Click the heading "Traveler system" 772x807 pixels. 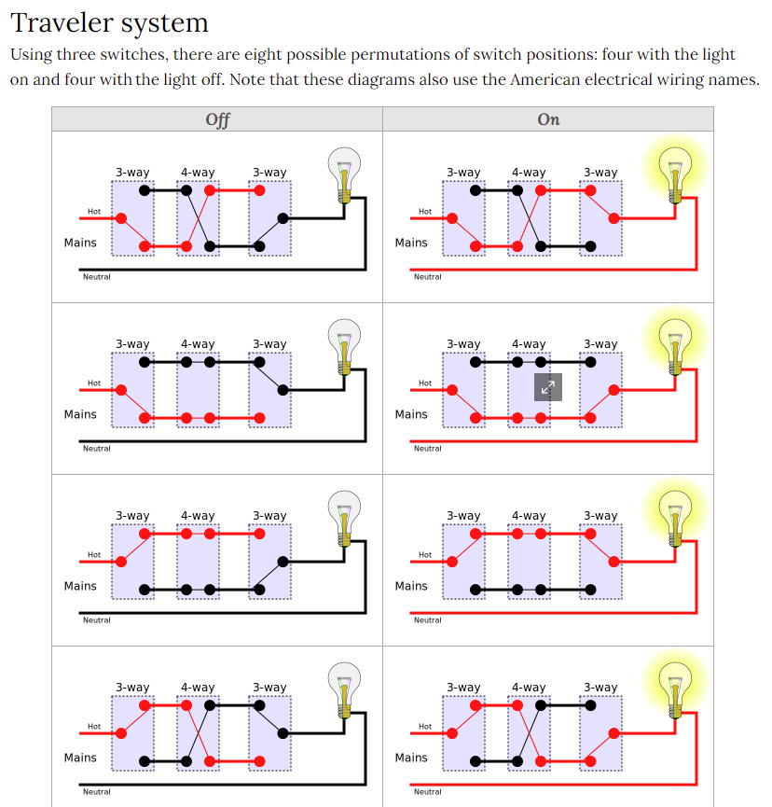pos(109,21)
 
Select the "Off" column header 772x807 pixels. pos(217,119)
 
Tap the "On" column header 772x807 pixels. pos(548,119)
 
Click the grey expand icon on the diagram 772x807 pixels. pos(548,386)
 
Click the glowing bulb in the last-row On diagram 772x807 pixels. pos(675,687)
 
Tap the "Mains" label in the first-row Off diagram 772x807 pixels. pos(80,243)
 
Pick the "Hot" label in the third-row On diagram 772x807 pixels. pos(425,554)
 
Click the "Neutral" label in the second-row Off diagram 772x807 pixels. pos(97,449)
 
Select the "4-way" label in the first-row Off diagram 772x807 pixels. pos(198,173)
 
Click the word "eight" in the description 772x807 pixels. pos(455,55)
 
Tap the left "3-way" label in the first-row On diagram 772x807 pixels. pos(463,173)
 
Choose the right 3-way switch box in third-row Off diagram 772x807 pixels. pos(269,563)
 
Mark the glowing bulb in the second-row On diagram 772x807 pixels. pos(675,343)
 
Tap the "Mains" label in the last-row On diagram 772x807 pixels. pos(411,758)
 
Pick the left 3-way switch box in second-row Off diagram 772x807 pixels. pos(132,391)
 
